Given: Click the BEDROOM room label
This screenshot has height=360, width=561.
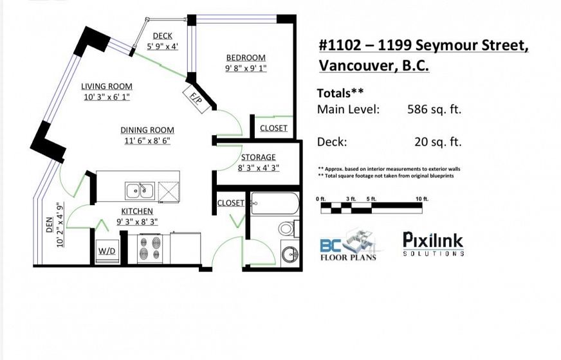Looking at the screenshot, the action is click(x=246, y=58).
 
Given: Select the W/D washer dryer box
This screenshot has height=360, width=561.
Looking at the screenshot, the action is click(x=107, y=251).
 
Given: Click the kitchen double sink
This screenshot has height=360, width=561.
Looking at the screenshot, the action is click(x=140, y=190).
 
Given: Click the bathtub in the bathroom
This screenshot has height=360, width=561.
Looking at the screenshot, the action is click(x=275, y=203).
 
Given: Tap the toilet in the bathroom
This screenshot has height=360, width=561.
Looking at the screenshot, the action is click(x=288, y=228).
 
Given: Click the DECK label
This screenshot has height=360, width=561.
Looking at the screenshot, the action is click(x=162, y=36).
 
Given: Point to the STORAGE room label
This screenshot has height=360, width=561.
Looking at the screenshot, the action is click(x=259, y=157).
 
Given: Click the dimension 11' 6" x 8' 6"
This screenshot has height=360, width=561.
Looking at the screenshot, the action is click(x=147, y=141).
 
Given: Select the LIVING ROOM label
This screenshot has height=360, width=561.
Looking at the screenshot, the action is click(x=107, y=86).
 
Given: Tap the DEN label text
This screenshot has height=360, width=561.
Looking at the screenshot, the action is click(x=50, y=225).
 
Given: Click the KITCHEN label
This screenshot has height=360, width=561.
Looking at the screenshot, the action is click(x=137, y=212).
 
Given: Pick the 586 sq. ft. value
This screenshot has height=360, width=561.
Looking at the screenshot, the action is click(x=434, y=109).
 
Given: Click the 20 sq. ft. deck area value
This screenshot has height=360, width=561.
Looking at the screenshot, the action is click(x=438, y=142).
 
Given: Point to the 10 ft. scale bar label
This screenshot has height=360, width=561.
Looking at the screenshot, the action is click(x=422, y=199).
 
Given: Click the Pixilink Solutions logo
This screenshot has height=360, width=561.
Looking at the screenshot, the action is click(x=433, y=244).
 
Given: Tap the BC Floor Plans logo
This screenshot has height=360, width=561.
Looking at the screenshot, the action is click(x=348, y=247).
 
